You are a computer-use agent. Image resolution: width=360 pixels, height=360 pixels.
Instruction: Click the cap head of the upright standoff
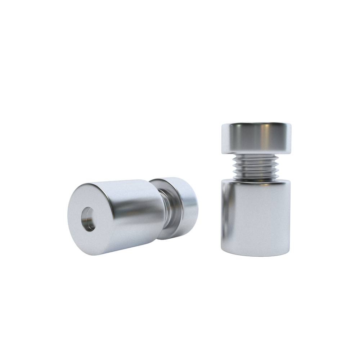[x=256, y=138]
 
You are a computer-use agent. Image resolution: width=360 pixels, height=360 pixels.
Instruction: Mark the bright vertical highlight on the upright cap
[x=268, y=138]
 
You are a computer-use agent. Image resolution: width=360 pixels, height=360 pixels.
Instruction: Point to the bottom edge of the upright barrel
[x=256, y=255]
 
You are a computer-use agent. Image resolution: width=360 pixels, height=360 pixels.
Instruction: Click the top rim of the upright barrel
[x=256, y=181]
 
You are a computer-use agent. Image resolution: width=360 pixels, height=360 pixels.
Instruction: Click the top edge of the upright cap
[x=256, y=123]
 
